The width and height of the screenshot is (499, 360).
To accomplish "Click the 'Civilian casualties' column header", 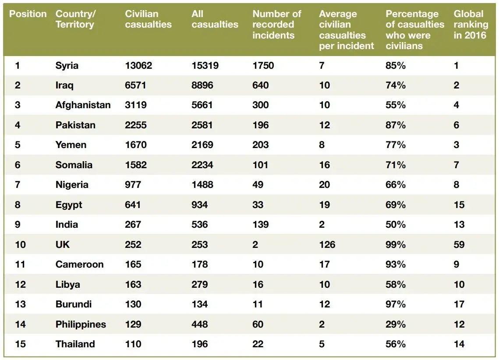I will [148, 19].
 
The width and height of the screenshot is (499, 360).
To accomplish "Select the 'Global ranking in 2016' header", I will [470, 25].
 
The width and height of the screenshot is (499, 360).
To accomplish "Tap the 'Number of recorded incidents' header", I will [276, 25].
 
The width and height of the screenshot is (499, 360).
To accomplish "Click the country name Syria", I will [67, 66].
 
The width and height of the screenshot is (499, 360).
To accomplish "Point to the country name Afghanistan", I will [83, 105].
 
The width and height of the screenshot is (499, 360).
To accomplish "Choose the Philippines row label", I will [81, 325].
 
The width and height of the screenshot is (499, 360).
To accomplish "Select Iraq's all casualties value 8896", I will [202, 85].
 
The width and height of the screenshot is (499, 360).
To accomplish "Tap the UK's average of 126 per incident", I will [327, 244].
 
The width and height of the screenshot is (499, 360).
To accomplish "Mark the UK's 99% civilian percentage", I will [396, 244].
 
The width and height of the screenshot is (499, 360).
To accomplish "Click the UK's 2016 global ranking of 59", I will [459, 244].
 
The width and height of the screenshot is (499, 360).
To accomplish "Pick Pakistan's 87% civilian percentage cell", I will [396, 125].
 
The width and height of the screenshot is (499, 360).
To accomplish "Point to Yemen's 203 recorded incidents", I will [261, 145].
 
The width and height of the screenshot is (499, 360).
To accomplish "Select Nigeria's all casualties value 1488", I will [202, 185].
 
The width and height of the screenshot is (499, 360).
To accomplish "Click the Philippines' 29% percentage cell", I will [396, 325].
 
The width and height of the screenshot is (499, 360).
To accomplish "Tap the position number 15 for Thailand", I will [20, 344].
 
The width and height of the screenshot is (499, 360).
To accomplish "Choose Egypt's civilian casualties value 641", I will [133, 205].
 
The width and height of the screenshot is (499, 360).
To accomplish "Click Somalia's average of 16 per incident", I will [324, 165].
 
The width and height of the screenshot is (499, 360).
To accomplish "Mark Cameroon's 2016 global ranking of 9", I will [457, 265].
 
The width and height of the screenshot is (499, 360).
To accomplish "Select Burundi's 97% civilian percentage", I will [396, 304].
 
